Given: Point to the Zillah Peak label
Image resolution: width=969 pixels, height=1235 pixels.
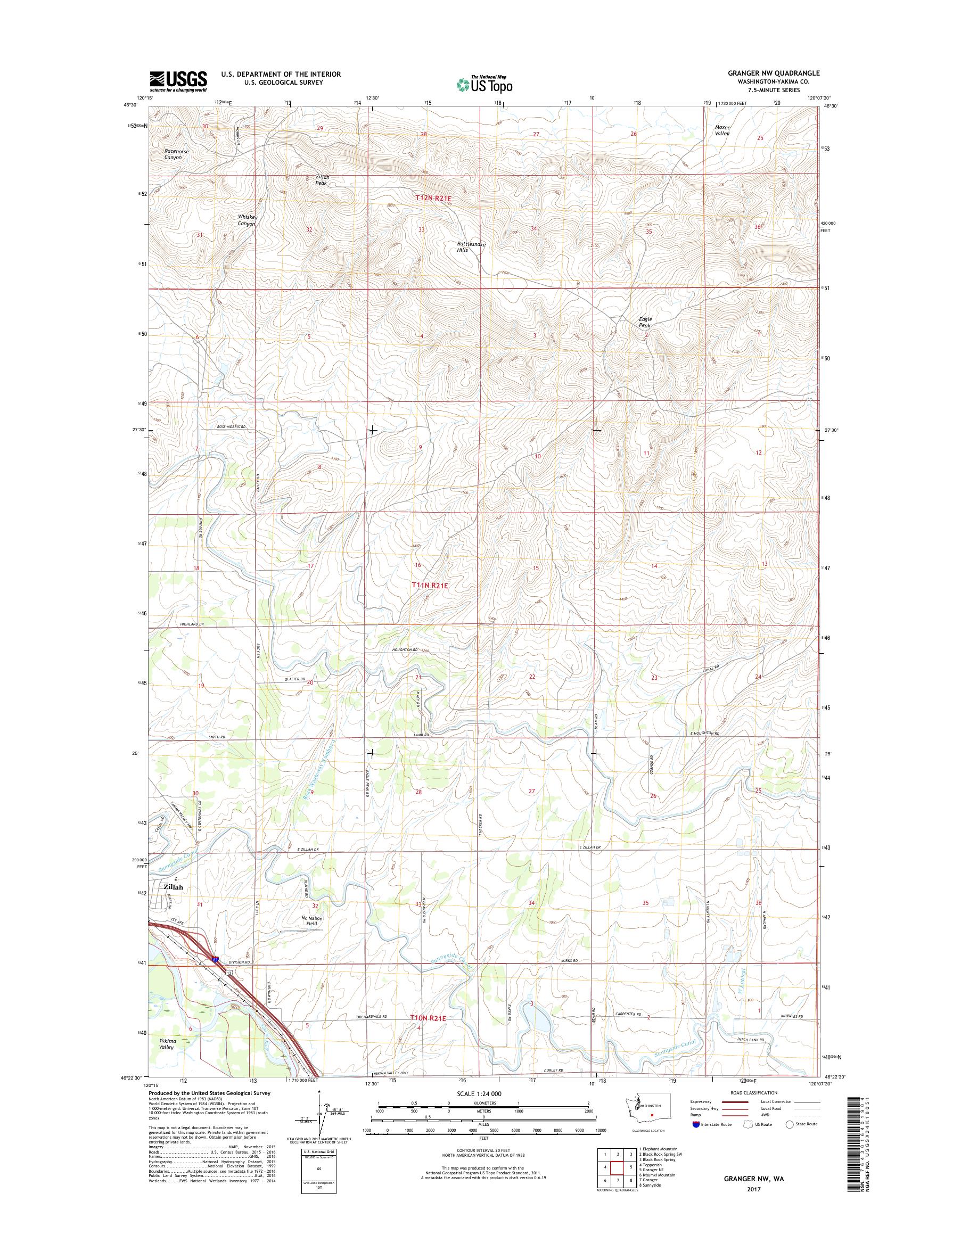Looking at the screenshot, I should [322, 179].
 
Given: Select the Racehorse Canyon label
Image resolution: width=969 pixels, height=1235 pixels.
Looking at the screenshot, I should [176, 154].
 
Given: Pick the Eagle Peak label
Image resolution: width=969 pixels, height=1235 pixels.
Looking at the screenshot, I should [645, 322].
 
